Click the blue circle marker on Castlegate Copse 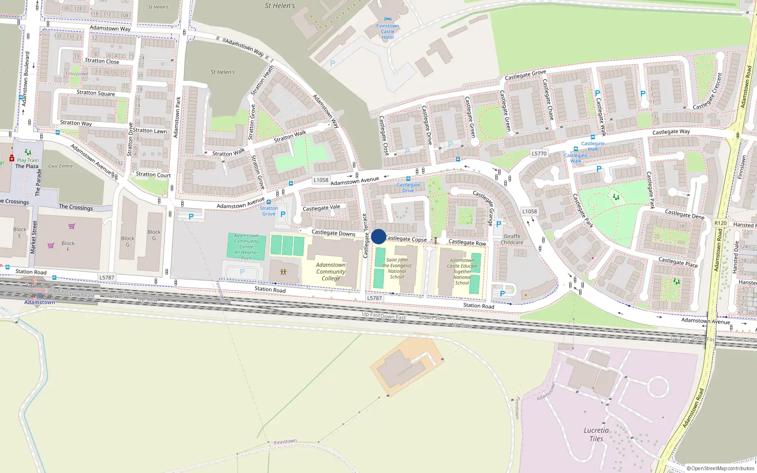[378, 236]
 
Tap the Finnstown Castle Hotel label [387, 32]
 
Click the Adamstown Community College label [331, 272]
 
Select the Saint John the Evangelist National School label [397, 268]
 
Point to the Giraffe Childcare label [512, 239]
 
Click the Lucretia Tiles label [596, 434]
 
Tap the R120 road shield [721, 223]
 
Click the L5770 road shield [539, 153]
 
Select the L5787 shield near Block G [107, 278]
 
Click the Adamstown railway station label [40, 302]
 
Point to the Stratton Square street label [96, 93]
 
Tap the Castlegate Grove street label [525, 75]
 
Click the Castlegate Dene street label [684, 214]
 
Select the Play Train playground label [28, 160]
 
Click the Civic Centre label [61, 166]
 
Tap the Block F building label [68, 246]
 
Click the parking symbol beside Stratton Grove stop [283, 214]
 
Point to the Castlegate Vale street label [321, 208]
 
